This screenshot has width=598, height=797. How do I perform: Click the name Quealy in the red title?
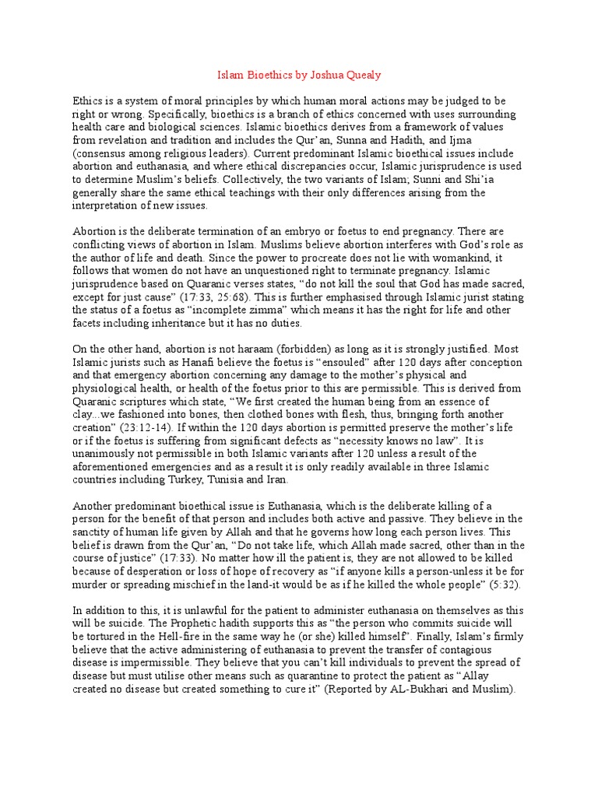click(362, 75)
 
